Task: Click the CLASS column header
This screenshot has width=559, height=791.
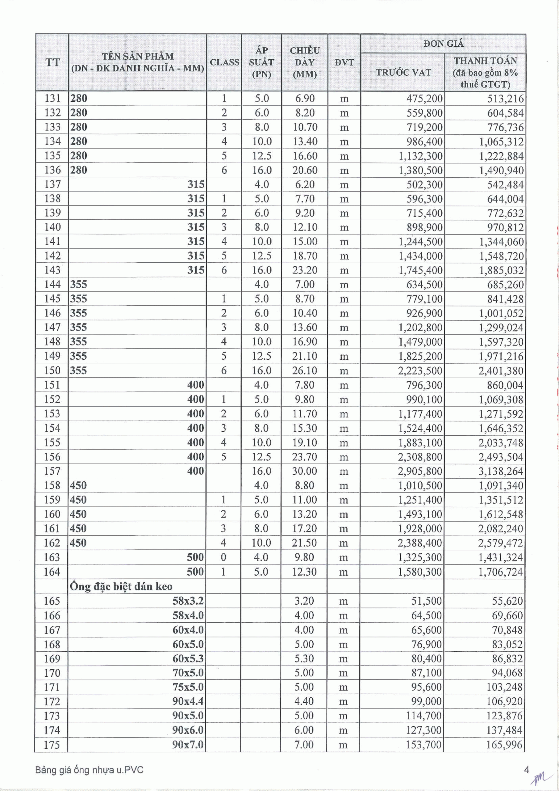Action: [x=224, y=62]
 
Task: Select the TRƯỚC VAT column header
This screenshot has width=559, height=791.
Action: [x=403, y=72]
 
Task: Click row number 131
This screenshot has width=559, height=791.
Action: [x=52, y=99]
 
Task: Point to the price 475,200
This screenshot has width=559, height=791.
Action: [x=424, y=99]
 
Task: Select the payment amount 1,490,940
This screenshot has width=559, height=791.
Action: [x=501, y=170]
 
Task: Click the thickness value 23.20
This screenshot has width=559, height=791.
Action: [x=305, y=270]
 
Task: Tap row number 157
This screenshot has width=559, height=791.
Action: [x=52, y=471]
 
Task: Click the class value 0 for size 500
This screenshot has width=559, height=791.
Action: [x=223, y=557]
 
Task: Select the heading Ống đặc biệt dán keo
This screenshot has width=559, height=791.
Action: [x=121, y=586]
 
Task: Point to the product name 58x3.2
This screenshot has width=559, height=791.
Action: [x=188, y=601]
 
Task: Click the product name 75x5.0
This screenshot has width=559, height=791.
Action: [x=188, y=687]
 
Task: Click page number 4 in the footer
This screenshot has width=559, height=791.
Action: [x=526, y=770]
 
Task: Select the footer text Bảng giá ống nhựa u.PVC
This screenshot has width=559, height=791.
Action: [x=89, y=770]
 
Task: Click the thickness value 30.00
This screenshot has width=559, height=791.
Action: [x=304, y=471]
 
